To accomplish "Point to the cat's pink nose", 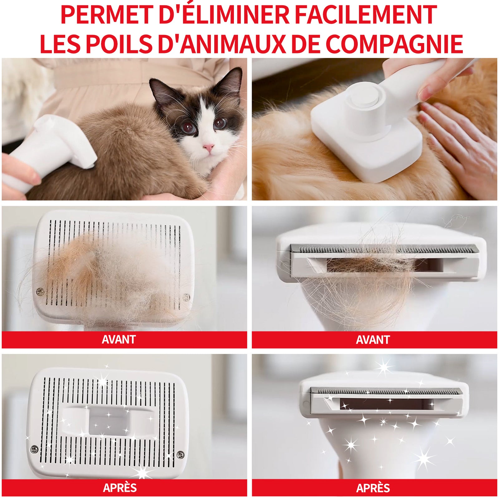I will pos(208,147).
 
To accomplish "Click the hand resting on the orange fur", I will pos(458,147).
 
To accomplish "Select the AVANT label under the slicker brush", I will pos(119,340).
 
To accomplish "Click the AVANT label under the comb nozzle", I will pos(373,340).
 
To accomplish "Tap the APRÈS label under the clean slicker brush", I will pos(120,488).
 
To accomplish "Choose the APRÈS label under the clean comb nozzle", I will pos(373,488).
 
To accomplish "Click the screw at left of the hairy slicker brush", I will pos(40,292).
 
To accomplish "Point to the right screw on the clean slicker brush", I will pos(180,454).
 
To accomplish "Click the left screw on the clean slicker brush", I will pos(34,450).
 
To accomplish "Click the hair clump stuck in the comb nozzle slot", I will pos(371,265).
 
